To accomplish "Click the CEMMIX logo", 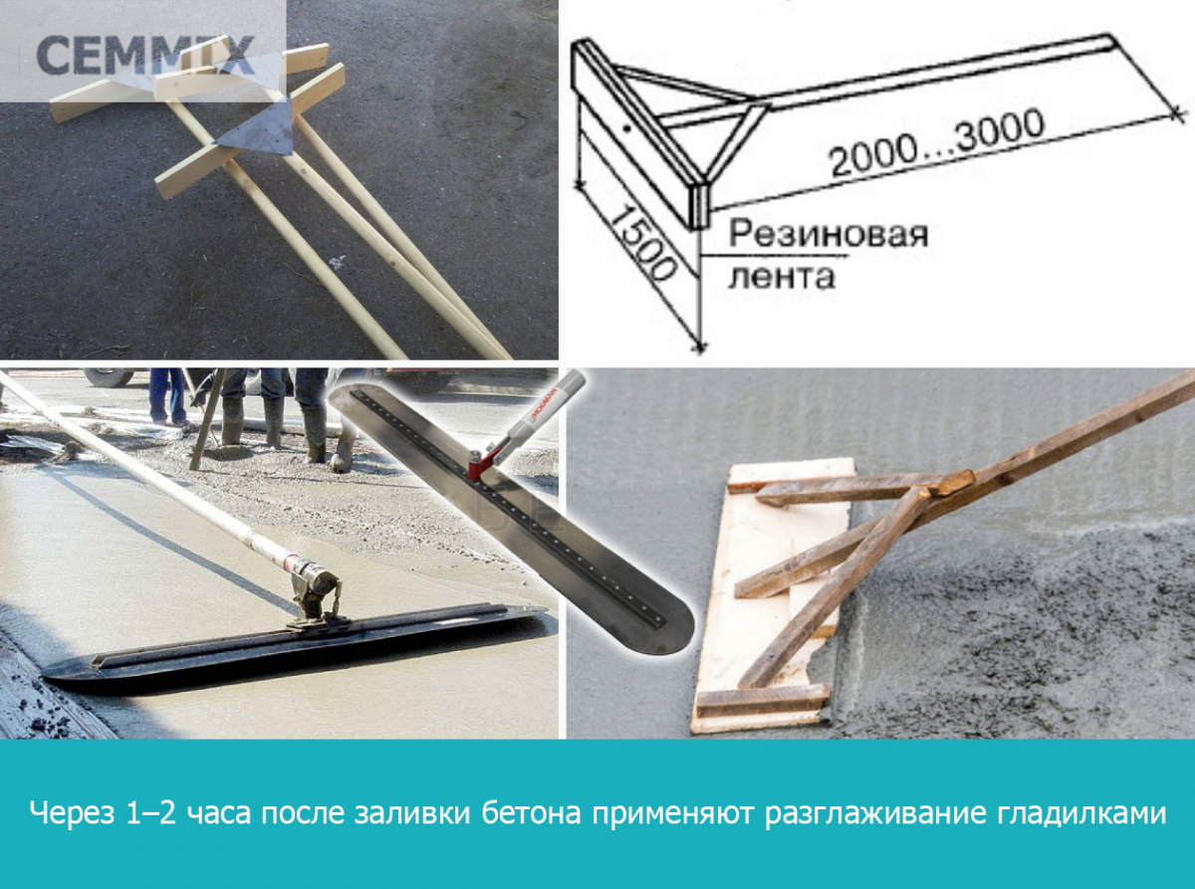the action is coord(145,55).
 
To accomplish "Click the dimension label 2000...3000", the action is coord(936,143).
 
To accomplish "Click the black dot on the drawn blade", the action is coord(627,128).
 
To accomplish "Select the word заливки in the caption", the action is coord(412,814).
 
